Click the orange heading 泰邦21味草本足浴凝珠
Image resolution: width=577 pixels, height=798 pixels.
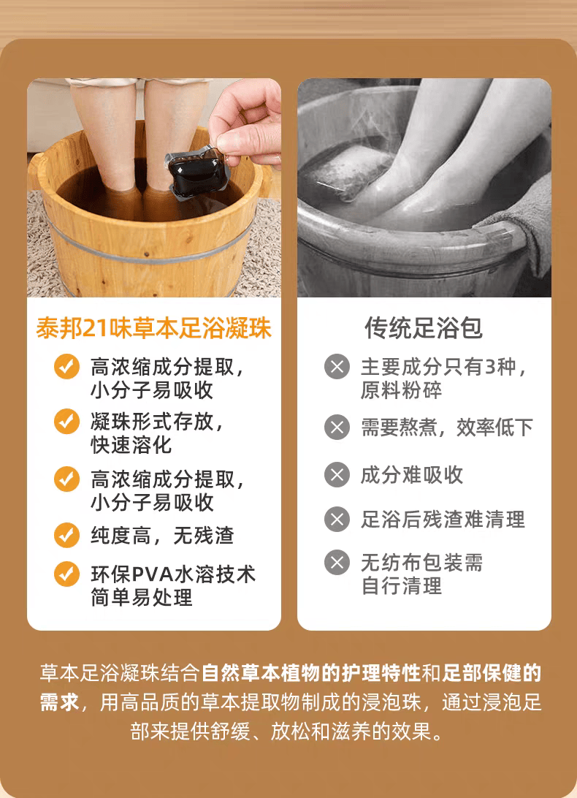pyautogui.click(x=153, y=327)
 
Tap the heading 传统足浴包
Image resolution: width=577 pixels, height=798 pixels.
pyautogui.click(x=424, y=327)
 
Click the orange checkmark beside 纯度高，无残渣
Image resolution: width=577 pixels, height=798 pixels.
pyautogui.click(x=66, y=535)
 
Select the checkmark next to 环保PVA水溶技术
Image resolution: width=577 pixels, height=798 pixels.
pyautogui.click(x=66, y=574)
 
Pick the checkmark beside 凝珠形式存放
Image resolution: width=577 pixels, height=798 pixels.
pyautogui.click(x=66, y=422)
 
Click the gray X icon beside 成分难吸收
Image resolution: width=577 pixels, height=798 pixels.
pyautogui.click(x=337, y=475)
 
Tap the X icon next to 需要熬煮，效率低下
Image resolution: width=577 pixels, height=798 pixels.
pyautogui.click(x=337, y=427)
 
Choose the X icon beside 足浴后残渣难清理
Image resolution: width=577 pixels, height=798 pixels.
pyautogui.click(x=337, y=519)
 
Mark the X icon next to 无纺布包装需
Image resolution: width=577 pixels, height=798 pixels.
pyautogui.click(x=337, y=563)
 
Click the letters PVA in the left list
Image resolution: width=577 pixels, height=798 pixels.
pyautogui.click(x=153, y=574)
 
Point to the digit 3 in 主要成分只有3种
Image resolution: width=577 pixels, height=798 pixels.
pyautogui.click(x=489, y=367)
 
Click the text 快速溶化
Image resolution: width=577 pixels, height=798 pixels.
pyautogui.click(x=131, y=445)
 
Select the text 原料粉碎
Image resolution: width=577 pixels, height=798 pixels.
pyautogui.click(x=402, y=390)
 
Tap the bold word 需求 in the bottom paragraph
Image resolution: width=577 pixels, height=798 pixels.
pyautogui.click(x=60, y=702)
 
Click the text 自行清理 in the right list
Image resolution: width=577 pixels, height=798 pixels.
pyautogui.click(x=402, y=586)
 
